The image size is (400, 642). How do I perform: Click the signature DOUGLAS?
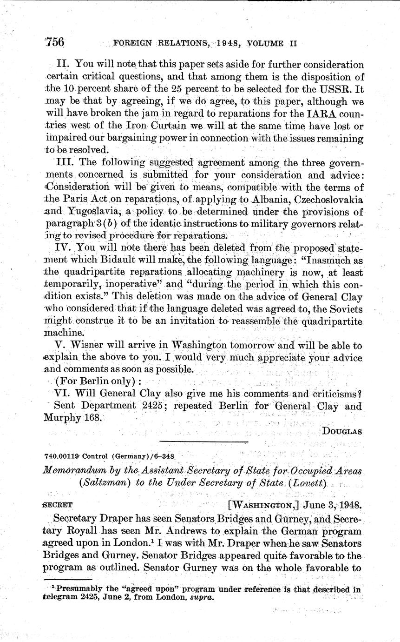coord(342,431)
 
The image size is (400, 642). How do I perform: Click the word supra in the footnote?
coord(203,598)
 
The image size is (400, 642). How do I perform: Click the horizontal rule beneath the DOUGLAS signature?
coord(204,441)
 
